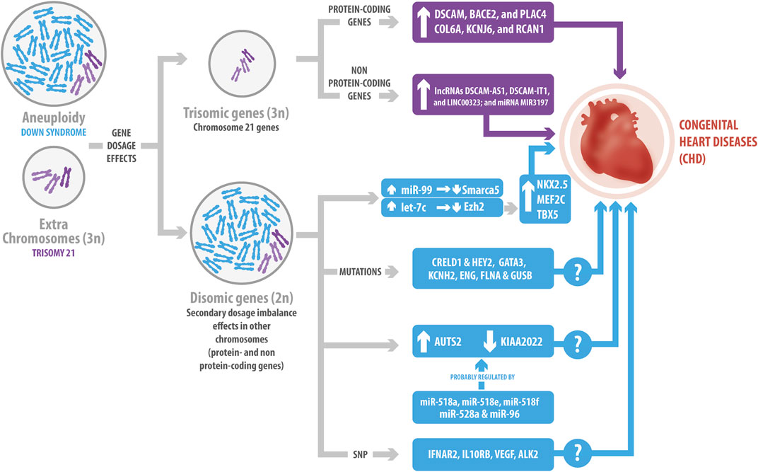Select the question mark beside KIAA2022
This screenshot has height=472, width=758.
click(577, 345)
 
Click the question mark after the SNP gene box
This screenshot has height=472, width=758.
click(578, 449)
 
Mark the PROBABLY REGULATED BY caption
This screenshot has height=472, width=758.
click(482, 376)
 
